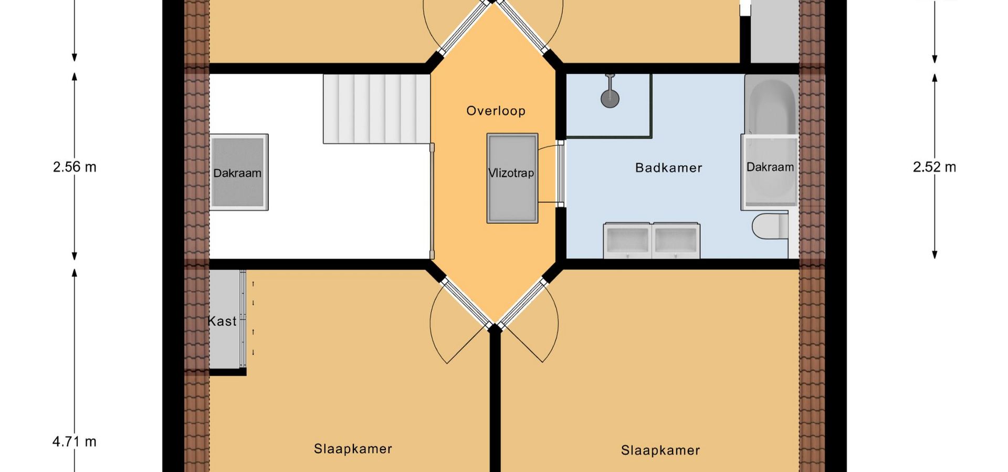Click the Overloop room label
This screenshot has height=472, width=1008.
496,111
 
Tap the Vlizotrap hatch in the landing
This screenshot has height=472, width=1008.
512,178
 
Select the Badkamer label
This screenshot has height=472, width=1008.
668,168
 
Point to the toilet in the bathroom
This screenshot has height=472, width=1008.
770,226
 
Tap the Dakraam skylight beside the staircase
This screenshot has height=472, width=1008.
239,173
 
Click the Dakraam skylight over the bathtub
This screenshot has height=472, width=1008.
770,172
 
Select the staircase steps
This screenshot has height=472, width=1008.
376,109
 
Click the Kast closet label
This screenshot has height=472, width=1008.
222,321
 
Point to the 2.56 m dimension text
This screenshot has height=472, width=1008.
75,167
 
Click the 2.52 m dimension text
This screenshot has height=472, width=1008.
934,167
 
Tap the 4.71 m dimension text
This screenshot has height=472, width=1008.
75,442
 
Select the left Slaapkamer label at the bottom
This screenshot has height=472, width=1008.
353,449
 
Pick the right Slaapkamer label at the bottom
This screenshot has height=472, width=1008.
660,450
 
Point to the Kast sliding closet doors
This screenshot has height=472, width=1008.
243,319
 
